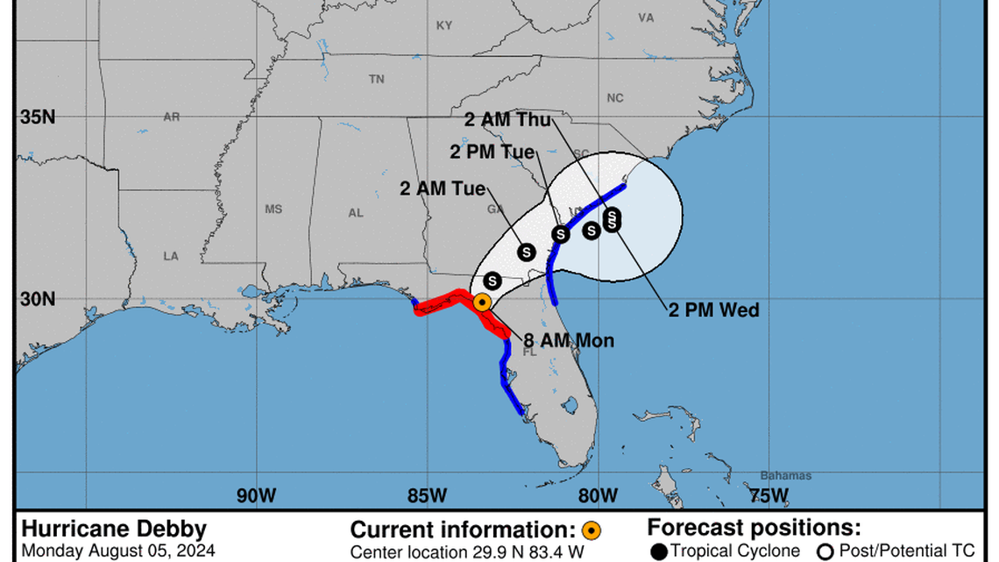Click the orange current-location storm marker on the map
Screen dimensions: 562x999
[481, 302]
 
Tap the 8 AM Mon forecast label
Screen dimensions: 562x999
[569, 340]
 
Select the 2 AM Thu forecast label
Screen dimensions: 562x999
[508, 120]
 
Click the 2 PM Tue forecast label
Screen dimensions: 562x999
[492, 152]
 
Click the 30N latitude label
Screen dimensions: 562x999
[38, 299]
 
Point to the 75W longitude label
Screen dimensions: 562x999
[769, 495]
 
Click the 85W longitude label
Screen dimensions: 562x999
[427, 495]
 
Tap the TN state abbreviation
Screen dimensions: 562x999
[377, 79]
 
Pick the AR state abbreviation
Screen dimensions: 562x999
[171, 117]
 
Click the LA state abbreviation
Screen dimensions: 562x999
[171, 256]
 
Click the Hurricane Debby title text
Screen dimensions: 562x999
[114, 529]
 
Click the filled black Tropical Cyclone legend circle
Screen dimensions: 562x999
[659, 551]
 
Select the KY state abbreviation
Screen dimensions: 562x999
[444, 26]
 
